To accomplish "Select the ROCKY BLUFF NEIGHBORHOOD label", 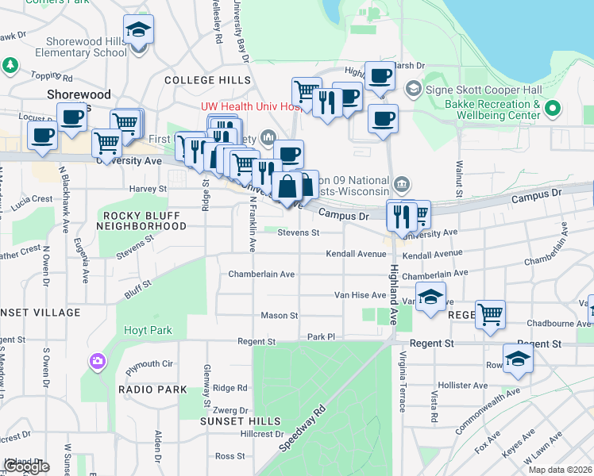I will [144, 221].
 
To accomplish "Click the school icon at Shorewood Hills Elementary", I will [139, 30].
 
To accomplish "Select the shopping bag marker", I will [287, 188].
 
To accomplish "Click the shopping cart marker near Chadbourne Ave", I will [490, 313].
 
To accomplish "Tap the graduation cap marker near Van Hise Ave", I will [430, 297].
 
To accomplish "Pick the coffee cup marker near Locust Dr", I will [71, 117].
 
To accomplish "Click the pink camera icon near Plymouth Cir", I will [98, 362].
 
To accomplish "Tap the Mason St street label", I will [280, 316].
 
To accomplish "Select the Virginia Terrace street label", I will [403, 382].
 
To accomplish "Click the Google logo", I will [26, 466].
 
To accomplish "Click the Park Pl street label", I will [322, 336].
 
